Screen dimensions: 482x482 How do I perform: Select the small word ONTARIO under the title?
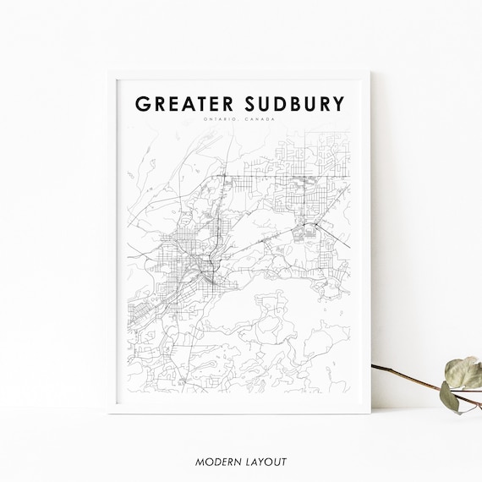click(x=219, y=119)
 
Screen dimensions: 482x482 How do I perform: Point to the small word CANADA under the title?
click(x=262, y=119)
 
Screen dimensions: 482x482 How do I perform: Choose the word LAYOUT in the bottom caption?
click(x=266, y=462)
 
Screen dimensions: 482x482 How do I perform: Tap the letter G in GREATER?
click(x=143, y=104)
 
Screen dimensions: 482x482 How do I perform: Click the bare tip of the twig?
click(x=374, y=367)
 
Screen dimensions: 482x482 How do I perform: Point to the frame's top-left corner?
click(x=109, y=71)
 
